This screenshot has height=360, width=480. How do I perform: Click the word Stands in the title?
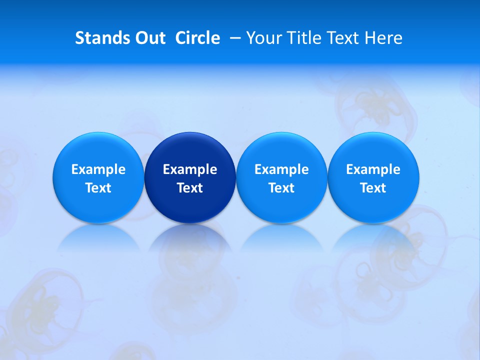click(101, 38)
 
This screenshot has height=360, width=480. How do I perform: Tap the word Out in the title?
click(149, 38)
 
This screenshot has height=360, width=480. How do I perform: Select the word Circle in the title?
click(197, 38)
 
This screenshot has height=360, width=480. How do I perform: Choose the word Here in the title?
click(383, 38)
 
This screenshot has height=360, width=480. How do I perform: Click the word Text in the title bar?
click(344, 38)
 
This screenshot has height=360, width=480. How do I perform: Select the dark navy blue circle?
click(190, 177)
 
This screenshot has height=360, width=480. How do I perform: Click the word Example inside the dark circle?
click(190, 169)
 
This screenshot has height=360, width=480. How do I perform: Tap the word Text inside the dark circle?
click(190, 188)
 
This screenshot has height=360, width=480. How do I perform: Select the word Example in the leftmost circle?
click(98, 169)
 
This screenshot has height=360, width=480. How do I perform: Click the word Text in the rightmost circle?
click(373, 188)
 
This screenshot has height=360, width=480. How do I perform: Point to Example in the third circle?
click(281, 169)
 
